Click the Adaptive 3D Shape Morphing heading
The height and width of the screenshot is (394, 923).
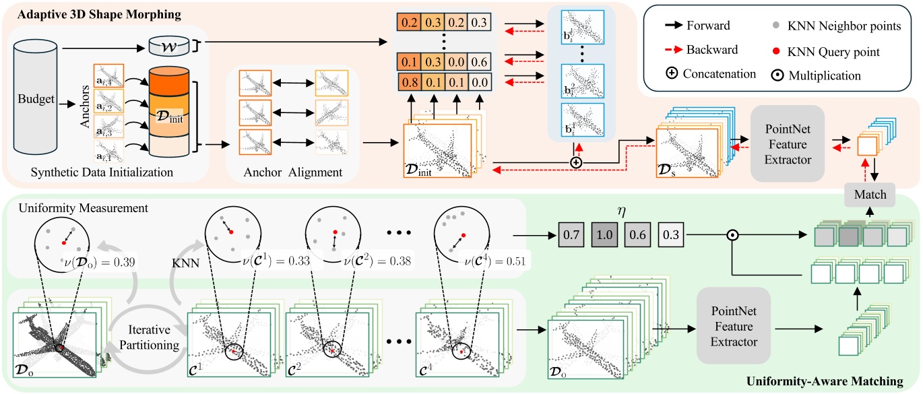76,11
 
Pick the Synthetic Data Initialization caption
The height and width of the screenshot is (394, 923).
102,172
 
